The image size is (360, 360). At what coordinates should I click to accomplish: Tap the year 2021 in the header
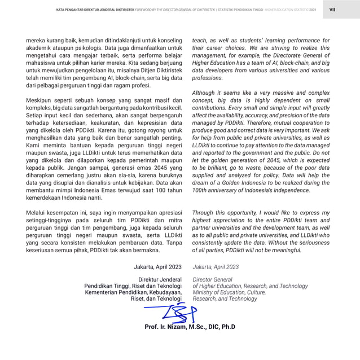point(313,10)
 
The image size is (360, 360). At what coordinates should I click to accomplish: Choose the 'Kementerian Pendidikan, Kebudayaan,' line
point(133,292)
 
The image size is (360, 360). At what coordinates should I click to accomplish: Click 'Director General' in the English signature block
point(213,279)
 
